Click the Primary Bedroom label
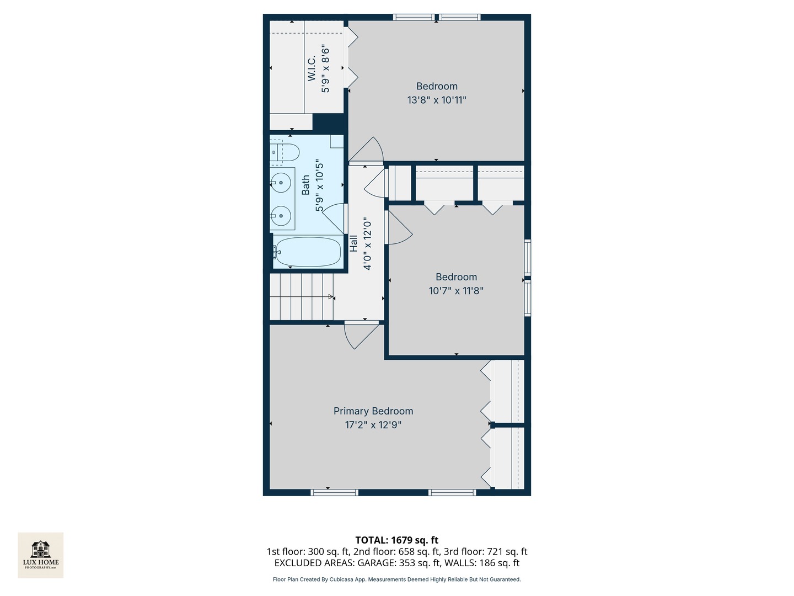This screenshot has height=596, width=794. pos(373,411)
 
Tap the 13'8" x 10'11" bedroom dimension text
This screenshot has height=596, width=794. pos(437,100)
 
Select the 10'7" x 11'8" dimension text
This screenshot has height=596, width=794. pos(456,291)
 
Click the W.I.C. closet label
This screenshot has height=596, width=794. pos(312,68)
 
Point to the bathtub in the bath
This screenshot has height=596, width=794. pos(308,252)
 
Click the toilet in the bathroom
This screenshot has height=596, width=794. pos(285,152)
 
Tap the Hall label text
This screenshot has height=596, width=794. pos(353,243)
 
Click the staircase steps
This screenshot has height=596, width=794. pos(302,296)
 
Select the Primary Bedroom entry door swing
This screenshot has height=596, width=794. pos(361,335)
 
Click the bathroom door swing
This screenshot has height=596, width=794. pos(333,219)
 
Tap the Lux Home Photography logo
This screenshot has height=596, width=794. pos(40,555)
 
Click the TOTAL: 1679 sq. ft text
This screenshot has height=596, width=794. pos(397,540)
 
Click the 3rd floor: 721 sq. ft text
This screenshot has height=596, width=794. pos(485,552)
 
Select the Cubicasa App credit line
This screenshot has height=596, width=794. pos(397,579)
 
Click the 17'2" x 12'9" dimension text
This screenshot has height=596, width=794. pos(373,425)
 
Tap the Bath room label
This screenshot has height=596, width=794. pos(305,185)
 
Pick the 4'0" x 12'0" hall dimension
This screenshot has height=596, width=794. pos(368,243)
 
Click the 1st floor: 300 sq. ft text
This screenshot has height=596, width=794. pos(308,552)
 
